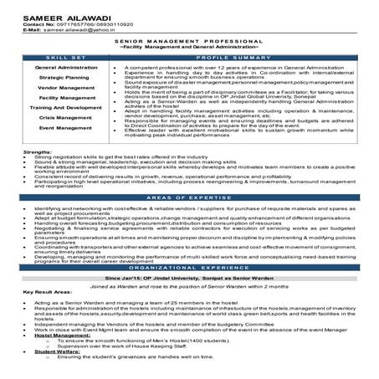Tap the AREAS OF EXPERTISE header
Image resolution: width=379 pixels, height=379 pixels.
click(x=189, y=220)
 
